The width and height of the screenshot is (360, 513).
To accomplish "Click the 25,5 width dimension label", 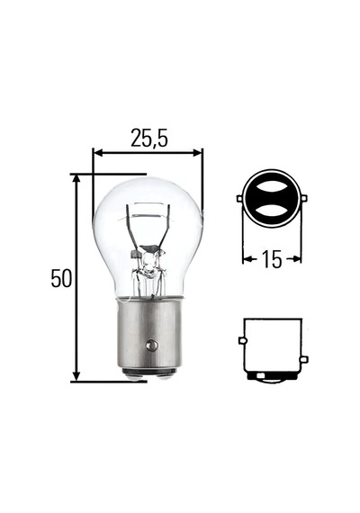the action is [148, 138].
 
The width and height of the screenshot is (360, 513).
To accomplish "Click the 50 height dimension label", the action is [61, 278].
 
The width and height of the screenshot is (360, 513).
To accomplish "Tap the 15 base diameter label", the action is [272, 259].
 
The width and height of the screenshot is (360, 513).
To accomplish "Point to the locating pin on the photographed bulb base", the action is [151, 346].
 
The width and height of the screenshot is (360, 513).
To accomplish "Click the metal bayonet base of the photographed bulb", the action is [149, 337].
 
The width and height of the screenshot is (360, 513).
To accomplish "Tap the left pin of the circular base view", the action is [239, 199].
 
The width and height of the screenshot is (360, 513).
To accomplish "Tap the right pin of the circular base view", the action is [304, 199].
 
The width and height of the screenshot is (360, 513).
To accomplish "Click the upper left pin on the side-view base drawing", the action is [242, 341].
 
